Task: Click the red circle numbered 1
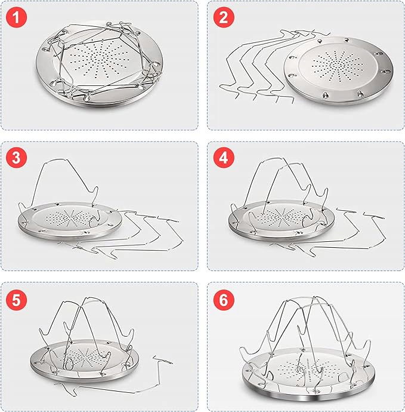click(x=16, y=17)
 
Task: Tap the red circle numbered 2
click(x=223, y=17)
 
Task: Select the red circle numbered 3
click(x=16, y=158)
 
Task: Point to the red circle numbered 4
click(x=223, y=158)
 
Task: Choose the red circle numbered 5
click(x=16, y=300)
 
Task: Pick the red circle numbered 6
click(x=223, y=300)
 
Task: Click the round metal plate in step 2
click(x=338, y=70)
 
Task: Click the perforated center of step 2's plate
click(x=338, y=66)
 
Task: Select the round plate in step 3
click(x=70, y=220)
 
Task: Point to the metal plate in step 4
click(x=282, y=220)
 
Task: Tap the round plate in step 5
click(x=85, y=361)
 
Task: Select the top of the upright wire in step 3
click(x=57, y=159)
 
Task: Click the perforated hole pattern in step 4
click(x=282, y=217)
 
